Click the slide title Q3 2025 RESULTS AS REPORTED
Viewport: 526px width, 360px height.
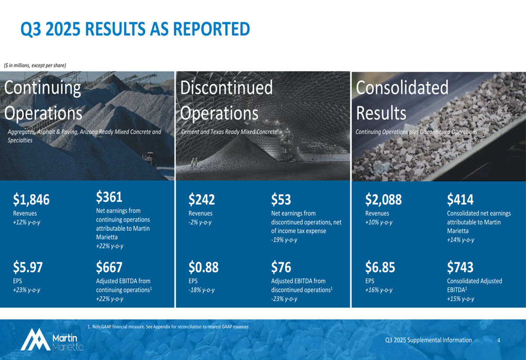click(135, 29)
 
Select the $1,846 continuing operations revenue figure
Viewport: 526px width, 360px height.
click(31, 200)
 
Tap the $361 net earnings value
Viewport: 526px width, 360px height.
click(109, 197)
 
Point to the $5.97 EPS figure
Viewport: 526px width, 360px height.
click(28, 268)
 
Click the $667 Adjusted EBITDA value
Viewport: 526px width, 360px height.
click(109, 268)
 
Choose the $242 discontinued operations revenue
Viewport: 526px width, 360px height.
click(201, 200)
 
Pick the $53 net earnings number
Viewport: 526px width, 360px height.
click(281, 200)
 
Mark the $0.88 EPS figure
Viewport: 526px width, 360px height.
click(203, 268)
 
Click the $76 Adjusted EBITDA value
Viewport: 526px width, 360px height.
click(281, 268)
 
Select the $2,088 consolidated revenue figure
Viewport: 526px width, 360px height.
click(383, 200)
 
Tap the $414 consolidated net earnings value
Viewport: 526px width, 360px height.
click(460, 200)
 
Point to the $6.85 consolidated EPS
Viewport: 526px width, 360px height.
click(380, 268)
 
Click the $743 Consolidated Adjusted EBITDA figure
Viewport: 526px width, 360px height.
click(460, 268)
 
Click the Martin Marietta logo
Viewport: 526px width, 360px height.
click(52, 340)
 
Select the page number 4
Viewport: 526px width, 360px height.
click(499, 341)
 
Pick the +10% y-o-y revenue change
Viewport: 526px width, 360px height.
click(379, 222)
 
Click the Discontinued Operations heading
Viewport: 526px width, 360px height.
click(226, 100)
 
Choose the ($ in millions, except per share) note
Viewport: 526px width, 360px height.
click(35, 65)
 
